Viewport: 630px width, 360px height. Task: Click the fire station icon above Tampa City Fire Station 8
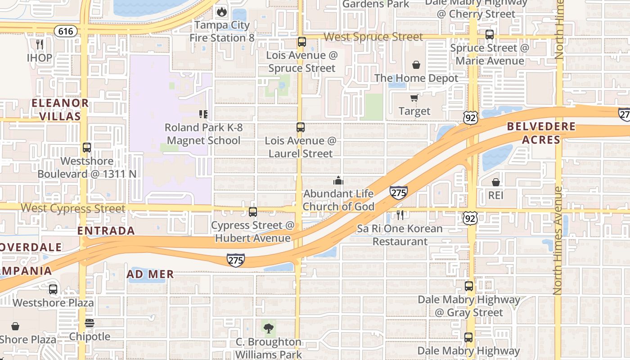[221, 11]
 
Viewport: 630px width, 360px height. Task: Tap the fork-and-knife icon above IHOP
[40, 44]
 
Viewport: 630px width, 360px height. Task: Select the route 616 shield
[65, 31]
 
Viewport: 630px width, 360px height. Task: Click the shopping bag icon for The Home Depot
[416, 65]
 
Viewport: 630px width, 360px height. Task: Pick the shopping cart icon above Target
[414, 98]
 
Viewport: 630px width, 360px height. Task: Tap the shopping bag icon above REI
[495, 182]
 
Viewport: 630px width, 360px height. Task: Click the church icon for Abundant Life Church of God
[338, 181]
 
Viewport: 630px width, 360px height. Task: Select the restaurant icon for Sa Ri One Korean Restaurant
[400, 215]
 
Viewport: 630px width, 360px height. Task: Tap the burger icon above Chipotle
[89, 324]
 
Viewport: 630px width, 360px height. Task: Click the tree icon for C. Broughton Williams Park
[269, 328]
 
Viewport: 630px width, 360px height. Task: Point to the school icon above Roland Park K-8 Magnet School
[203, 114]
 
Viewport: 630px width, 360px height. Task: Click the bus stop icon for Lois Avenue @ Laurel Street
[301, 127]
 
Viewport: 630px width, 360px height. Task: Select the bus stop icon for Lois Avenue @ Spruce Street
[301, 42]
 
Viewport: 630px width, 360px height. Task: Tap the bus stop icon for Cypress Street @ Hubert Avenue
[253, 211]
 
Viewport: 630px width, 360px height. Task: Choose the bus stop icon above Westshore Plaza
[53, 289]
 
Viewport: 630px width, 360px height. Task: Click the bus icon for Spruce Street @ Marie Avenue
[489, 35]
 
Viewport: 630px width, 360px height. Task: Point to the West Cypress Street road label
[73, 208]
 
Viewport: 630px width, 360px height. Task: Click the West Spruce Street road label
[373, 37]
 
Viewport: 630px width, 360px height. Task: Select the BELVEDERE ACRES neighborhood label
[541, 133]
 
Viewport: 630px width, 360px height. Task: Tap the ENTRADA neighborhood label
[106, 231]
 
